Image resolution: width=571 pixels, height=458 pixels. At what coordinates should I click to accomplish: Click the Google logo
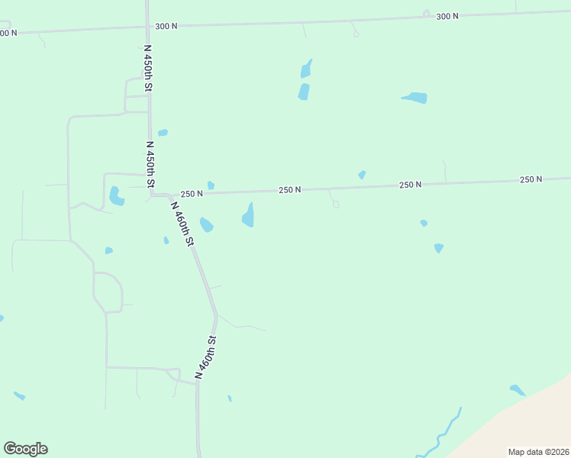coord(25,449)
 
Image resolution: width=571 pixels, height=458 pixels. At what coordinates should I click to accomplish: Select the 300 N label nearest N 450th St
coord(166,26)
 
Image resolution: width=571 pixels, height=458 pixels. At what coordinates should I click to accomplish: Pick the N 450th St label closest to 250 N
coord(151,164)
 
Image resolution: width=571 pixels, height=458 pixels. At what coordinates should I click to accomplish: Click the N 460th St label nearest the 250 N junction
coord(183,223)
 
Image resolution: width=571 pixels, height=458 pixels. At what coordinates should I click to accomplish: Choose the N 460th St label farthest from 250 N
coord(205,357)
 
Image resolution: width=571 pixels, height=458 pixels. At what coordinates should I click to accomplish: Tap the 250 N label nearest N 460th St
coord(192,194)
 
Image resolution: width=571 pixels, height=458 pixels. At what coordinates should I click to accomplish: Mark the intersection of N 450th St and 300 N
coord(147,27)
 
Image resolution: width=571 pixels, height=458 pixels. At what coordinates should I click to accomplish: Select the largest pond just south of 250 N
coord(248,215)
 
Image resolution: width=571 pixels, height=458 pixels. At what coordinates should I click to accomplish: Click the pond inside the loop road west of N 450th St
coord(116,196)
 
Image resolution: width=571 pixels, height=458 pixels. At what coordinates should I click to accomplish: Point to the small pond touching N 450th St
coord(163,133)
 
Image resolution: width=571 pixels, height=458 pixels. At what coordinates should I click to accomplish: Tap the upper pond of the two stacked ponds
coord(306,69)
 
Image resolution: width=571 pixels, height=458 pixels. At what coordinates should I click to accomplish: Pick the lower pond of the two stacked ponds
coord(304,92)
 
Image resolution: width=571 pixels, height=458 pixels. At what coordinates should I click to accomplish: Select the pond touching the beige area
coord(518,390)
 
